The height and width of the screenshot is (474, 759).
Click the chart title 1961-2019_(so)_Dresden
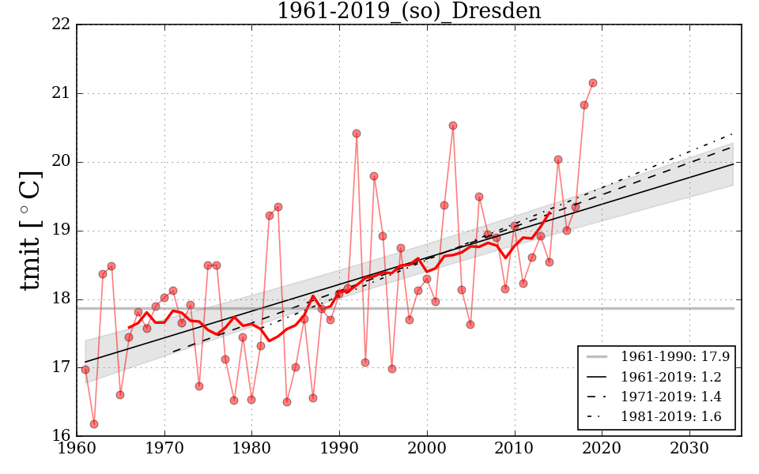click(x=409, y=12)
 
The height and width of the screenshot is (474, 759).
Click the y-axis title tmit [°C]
click(x=31, y=231)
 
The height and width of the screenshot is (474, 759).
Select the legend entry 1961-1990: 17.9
click(x=674, y=357)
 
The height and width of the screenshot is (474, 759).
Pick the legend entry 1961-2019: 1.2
click(x=674, y=377)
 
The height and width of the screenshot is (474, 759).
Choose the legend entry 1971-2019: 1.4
click(x=674, y=397)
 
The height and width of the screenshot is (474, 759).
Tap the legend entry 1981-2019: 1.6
click(x=674, y=416)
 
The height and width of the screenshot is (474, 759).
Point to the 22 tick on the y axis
click(x=62, y=25)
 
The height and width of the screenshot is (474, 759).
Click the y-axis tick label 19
click(x=62, y=231)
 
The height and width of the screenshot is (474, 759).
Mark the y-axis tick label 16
click(x=62, y=435)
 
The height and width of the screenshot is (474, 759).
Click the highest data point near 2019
click(x=593, y=83)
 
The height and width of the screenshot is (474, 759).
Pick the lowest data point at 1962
click(x=94, y=424)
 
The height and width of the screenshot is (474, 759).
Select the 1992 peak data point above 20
click(x=357, y=134)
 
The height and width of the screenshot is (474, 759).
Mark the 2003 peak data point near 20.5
click(x=453, y=126)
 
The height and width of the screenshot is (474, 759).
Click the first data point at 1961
click(x=85, y=370)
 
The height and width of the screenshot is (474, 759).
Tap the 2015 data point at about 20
click(x=558, y=160)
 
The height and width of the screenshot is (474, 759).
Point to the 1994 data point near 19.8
click(x=374, y=176)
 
